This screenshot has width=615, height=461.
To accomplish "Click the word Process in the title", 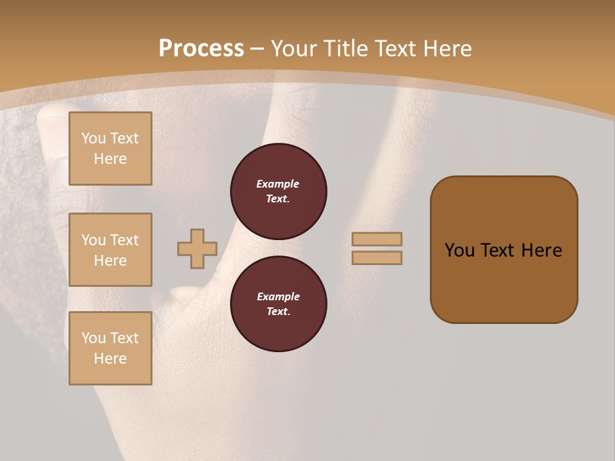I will coord(201,49).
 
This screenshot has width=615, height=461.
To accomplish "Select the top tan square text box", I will coord(110,149).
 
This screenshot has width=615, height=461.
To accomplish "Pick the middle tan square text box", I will coord(110,250).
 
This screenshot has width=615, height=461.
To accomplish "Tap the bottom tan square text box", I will coord(110,348).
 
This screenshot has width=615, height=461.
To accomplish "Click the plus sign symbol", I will coord(197,248).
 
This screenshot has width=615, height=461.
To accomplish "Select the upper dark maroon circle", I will coord(279,191).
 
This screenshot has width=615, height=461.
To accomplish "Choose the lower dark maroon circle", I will coord(279,303).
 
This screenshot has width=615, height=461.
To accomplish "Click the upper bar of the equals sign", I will coord(377,239).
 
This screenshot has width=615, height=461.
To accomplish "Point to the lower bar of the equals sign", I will coord(377,257).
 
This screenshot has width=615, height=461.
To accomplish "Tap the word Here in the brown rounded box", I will coord(541,250).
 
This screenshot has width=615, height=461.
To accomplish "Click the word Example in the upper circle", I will coord(278,184).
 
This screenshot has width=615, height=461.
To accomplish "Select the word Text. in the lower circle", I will coord(278,312).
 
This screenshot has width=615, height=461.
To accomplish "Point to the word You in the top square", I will coord(94,138).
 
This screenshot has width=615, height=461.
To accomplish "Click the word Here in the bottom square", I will coord(110,359).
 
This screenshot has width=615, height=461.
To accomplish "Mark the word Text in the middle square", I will coord(124,240).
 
